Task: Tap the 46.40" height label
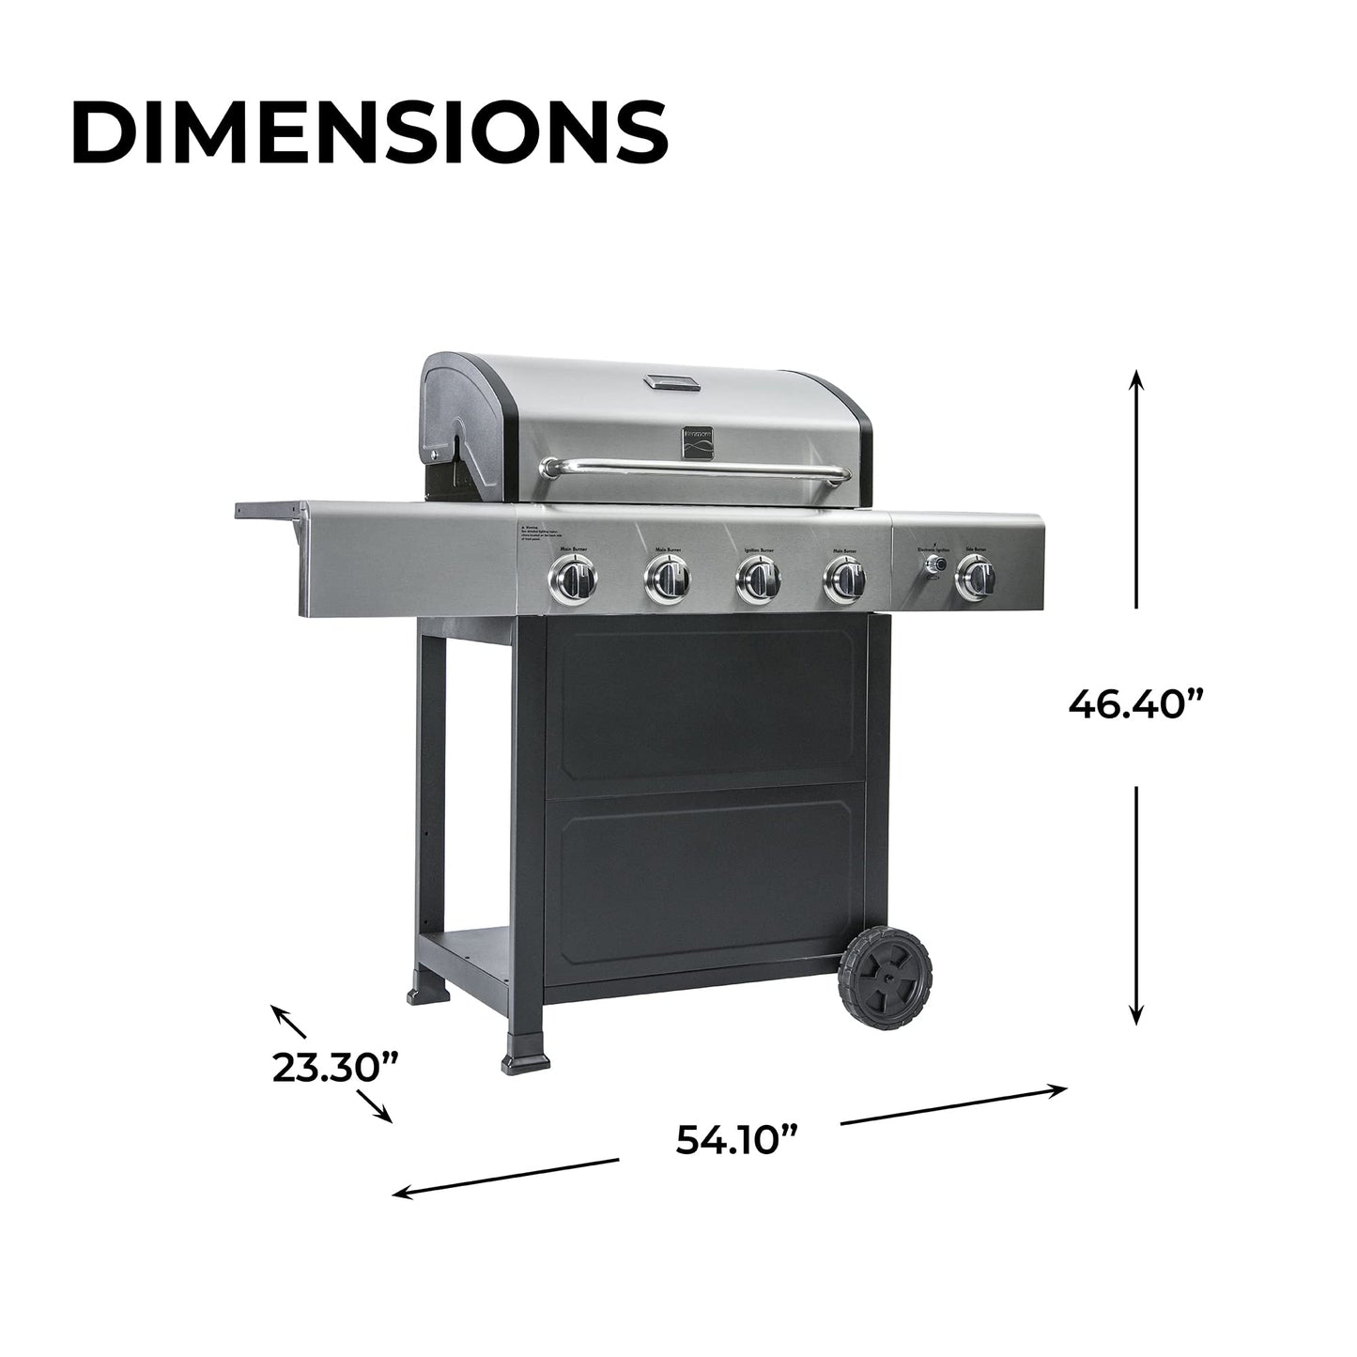click(1136, 703)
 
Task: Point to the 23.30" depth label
click(335, 1068)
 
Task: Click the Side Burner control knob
click(976, 580)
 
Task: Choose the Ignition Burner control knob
click(757, 579)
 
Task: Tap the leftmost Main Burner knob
click(572, 580)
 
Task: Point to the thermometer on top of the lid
click(671, 382)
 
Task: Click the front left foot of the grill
click(526, 1061)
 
